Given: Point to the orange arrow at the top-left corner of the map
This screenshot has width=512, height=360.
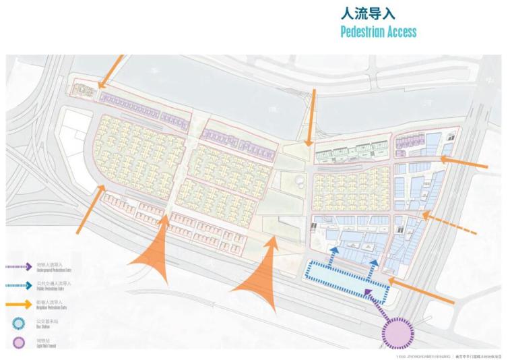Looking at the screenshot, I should (x=111, y=71).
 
